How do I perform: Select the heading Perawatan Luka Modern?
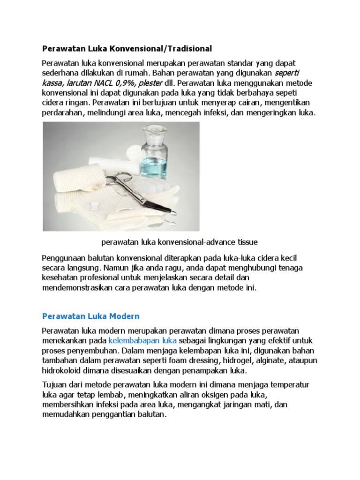91,316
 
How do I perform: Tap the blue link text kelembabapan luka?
142,340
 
